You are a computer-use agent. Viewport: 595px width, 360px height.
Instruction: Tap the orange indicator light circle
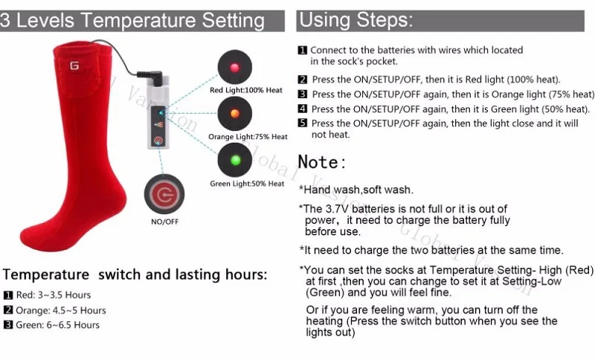click(x=235, y=113)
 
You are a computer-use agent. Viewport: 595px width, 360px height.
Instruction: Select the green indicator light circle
click(x=235, y=159)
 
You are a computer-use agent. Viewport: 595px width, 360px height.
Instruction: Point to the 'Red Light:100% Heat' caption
click(x=246, y=91)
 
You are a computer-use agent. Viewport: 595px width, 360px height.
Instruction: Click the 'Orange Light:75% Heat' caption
click(x=248, y=137)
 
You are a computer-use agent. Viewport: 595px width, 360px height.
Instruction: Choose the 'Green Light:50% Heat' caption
click(x=247, y=184)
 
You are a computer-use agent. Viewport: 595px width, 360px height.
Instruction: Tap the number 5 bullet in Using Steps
click(x=303, y=123)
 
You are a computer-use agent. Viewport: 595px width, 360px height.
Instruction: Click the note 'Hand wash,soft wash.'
click(x=356, y=190)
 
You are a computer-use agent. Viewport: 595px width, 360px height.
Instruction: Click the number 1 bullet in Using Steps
click(x=303, y=51)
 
